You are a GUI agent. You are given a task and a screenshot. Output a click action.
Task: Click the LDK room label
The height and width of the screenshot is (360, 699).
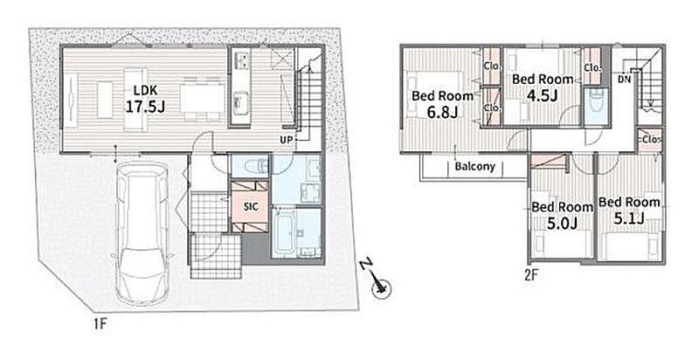tap(145, 91)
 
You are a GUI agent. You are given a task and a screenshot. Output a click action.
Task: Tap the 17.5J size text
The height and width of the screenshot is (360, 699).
tap(145, 107)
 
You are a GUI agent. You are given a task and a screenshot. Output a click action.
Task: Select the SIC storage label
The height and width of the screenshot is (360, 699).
tap(250, 207)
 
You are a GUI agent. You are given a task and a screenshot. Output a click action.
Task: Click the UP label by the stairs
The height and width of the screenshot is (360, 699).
tap(287, 140)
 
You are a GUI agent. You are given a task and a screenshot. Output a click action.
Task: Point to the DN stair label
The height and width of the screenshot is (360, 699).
tap(624, 80)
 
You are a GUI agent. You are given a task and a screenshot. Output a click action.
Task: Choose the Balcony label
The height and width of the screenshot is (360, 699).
tap(475, 167)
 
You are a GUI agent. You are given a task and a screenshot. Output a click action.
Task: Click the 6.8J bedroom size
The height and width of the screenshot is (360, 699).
tap(442, 112)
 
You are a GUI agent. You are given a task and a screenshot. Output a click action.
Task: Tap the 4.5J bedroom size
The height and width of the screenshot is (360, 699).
tap(542, 95)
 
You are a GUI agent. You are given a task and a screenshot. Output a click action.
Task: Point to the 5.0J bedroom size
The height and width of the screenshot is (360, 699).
tap(562, 223)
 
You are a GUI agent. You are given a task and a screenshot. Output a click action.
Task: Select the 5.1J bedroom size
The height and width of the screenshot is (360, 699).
tap(629, 218)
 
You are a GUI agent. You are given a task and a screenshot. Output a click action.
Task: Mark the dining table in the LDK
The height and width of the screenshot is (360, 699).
tap(203, 98)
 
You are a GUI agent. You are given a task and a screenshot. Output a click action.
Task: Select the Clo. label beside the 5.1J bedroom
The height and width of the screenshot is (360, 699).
tap(650, 140)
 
